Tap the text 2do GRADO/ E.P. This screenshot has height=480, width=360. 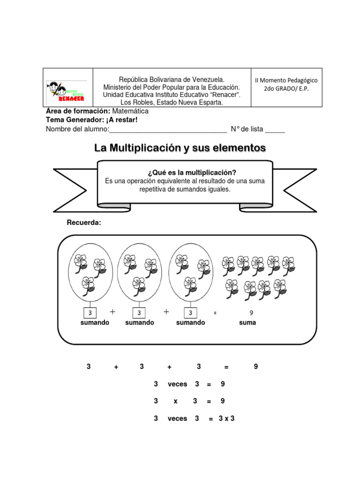click(286, 89)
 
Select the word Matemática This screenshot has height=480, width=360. click(130, 111)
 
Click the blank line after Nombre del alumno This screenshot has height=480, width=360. click(168, 130)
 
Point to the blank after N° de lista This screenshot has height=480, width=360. click(275, 130)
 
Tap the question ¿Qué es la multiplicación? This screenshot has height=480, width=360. click(185, 172)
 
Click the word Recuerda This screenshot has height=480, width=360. click(84, 222)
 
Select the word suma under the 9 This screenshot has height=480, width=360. click(247, 322)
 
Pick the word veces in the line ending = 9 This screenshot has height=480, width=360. click(177, 384)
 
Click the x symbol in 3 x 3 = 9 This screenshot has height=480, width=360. click(175, 401)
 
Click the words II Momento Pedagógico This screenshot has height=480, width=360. click(286, 80)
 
